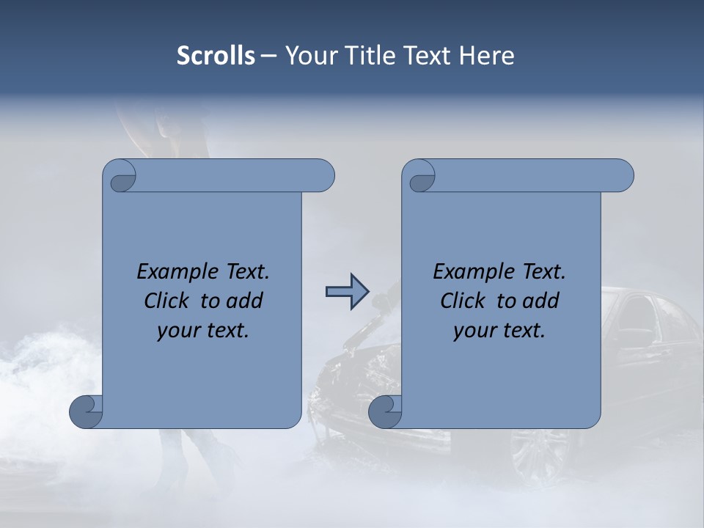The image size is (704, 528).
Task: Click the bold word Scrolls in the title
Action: (x=216, y=56)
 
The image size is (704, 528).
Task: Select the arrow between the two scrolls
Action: (x=347, y=293)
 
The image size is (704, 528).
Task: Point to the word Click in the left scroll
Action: (x=169, y=301)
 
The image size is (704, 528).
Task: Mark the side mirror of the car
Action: (x=632, y=338)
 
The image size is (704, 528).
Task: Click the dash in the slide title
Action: (x=268, y=56)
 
